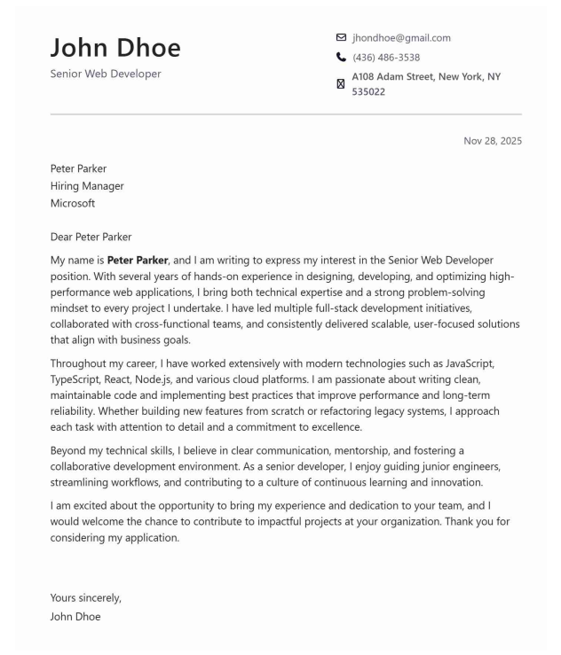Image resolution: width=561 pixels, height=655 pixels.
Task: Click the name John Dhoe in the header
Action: [115, 48]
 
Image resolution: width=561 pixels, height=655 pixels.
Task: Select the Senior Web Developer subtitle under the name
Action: [106, 74]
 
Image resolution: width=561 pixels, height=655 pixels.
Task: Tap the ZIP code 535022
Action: [368, 91]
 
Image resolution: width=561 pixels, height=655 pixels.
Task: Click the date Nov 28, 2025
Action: [493, 141]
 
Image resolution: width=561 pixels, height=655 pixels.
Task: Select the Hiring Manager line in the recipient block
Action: [87, 186]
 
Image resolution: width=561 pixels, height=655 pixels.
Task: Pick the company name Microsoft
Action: [73, 203]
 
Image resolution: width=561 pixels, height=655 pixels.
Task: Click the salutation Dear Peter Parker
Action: [91, 237]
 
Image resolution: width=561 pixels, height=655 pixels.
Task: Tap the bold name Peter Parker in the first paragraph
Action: [138, 261]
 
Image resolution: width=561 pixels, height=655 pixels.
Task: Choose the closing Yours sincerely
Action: [86, 597]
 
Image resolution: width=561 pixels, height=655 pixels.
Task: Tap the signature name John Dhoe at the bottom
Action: [75, 616]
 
